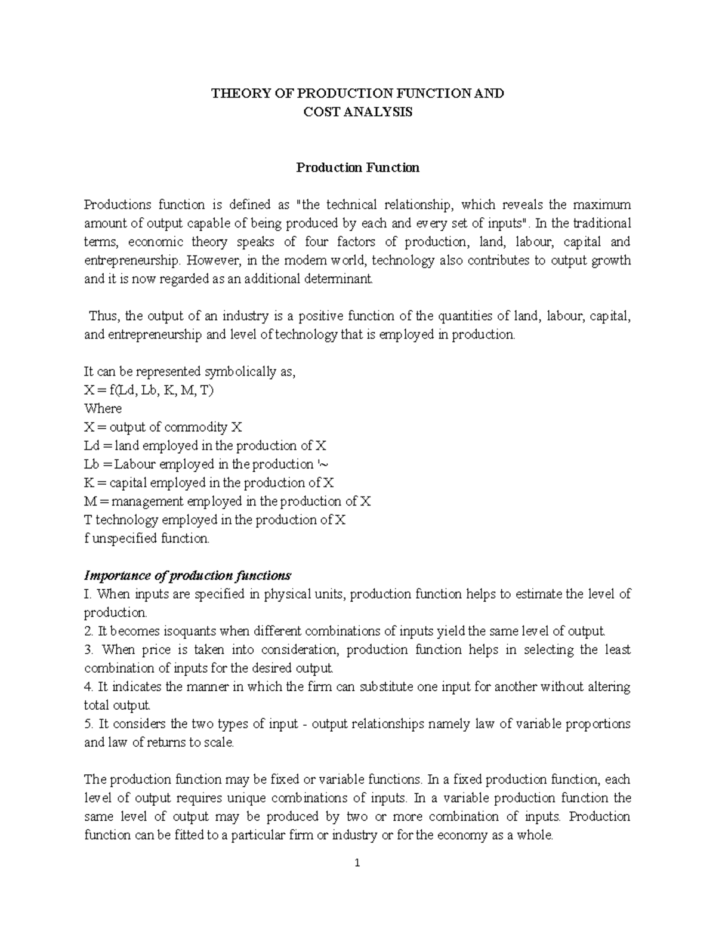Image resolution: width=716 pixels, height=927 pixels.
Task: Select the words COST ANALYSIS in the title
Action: coord(358,112)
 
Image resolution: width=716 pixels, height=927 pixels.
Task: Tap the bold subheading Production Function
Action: coord(358,168)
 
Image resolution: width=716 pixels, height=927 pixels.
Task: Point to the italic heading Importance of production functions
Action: coord(187,576)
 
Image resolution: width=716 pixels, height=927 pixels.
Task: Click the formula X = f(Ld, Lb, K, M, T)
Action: coord(149,390)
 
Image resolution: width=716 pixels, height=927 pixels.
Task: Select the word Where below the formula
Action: coord(103,409)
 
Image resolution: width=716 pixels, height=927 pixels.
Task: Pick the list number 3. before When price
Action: coord(89,650)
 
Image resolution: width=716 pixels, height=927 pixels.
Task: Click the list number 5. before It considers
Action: coord(89,724)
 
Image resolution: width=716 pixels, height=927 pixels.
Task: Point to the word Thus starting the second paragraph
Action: coord(103,316)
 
